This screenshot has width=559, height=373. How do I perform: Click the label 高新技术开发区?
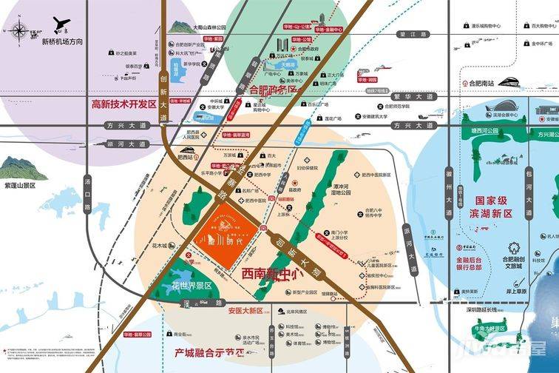pos(123,104)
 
